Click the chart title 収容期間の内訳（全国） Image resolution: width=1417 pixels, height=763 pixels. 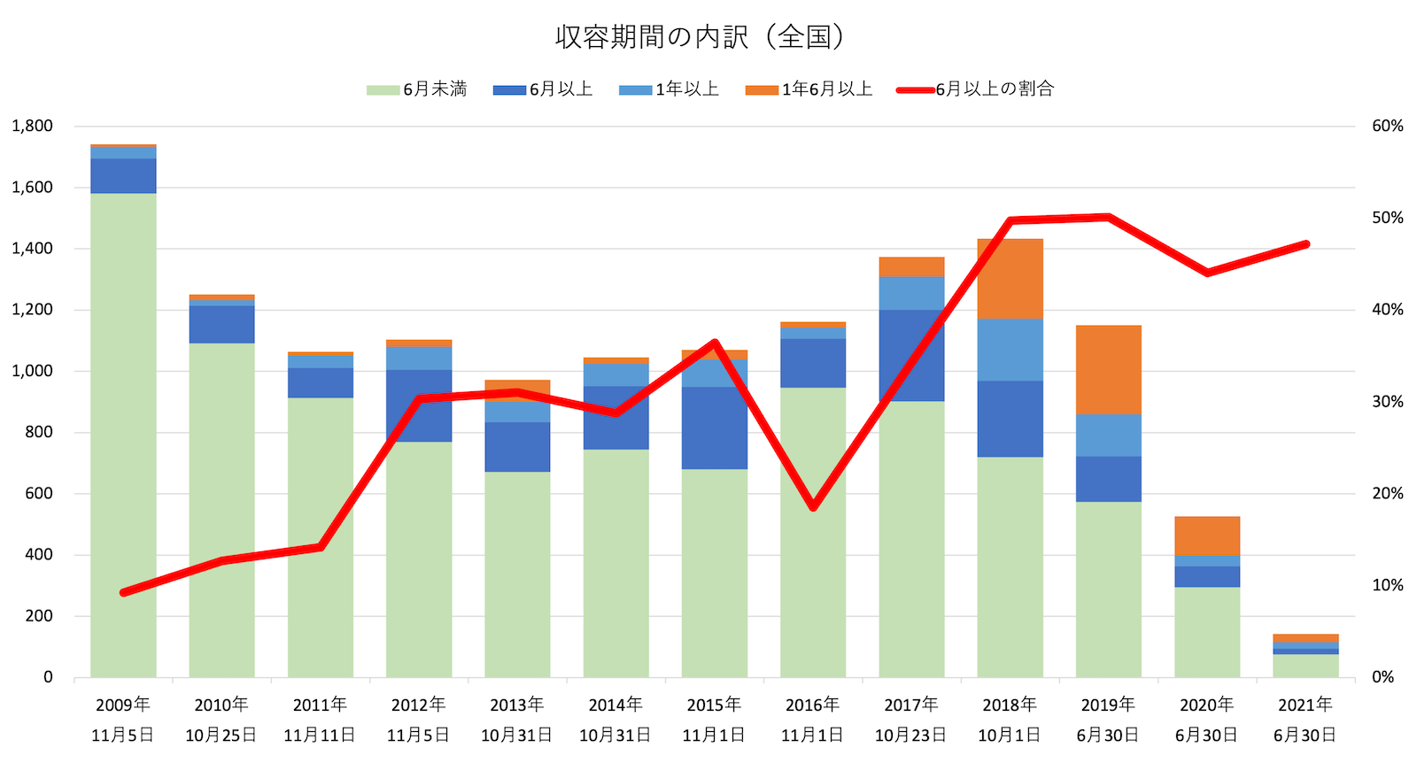(699, 37)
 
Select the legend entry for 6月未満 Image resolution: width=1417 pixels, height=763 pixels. (417, 89)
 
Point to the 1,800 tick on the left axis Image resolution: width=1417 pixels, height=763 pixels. (32, 126)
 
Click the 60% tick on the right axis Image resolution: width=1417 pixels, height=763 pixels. (1387, 126)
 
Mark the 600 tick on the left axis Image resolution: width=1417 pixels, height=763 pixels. (38, 493)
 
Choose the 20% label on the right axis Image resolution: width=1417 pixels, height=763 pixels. (1387, 493)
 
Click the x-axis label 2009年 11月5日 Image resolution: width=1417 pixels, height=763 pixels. (123, 719)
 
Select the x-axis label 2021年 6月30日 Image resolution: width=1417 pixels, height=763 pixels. (1305, 719)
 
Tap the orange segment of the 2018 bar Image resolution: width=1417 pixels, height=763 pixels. (1010, 278)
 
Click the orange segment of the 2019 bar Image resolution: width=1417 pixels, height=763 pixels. (1109, 369)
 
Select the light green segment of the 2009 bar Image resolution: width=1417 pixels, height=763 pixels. (123, 434)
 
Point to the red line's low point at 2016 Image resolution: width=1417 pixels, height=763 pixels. (813, 507)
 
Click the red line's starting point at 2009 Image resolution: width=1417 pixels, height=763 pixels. (124, 591)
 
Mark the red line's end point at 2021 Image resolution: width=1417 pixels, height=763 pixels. (1305, 244)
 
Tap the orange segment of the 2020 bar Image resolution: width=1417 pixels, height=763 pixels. (1207, 536)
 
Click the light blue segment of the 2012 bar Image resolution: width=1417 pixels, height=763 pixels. (419, 358)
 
